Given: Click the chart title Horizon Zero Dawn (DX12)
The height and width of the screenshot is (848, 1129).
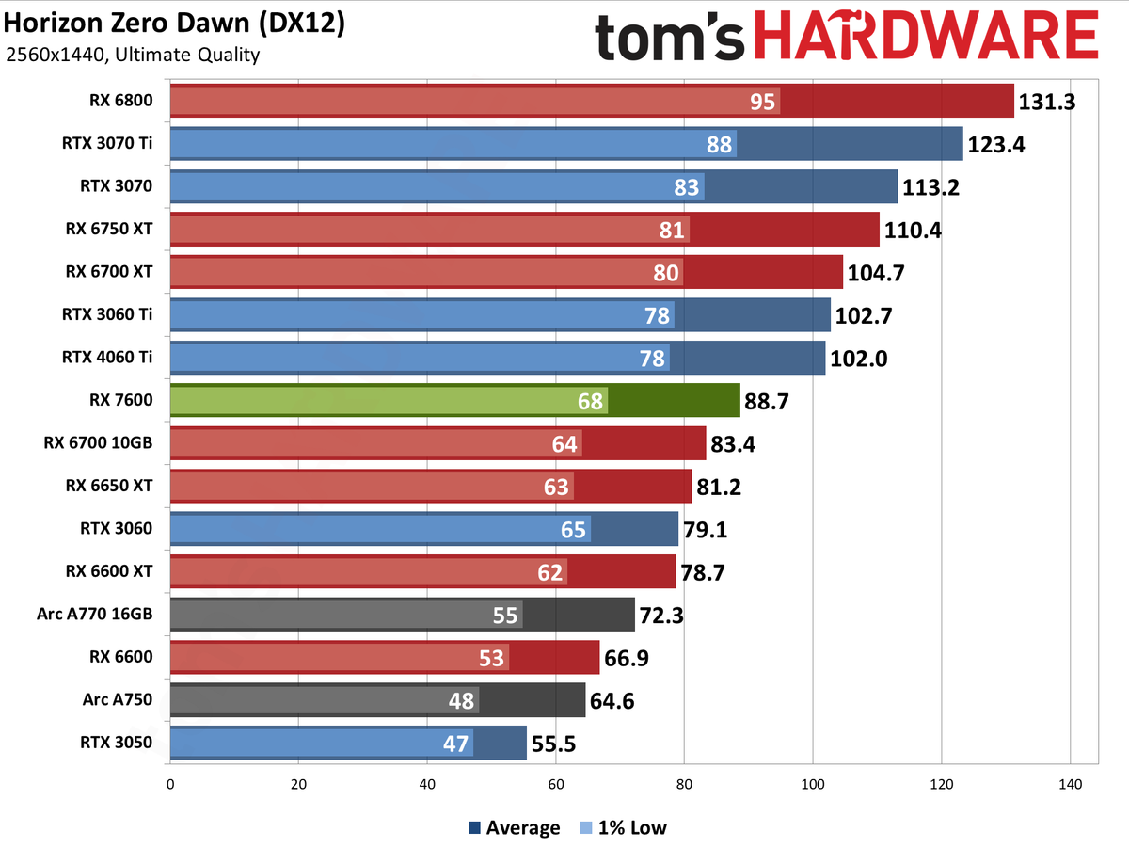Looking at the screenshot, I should (x=174, y=24).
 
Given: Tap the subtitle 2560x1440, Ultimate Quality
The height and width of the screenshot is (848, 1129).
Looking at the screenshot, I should (x=133, y=55).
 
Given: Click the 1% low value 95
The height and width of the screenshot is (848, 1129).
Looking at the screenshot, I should (x=763, y=102).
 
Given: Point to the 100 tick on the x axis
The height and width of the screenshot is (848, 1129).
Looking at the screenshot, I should (x=813, y=783).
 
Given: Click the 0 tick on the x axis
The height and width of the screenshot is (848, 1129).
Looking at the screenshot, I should (x=170, y=783).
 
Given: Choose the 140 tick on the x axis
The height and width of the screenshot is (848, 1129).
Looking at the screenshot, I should (x=1070, y=783).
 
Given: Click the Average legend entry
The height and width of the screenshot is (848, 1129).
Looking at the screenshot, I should (x=514, y=828).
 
